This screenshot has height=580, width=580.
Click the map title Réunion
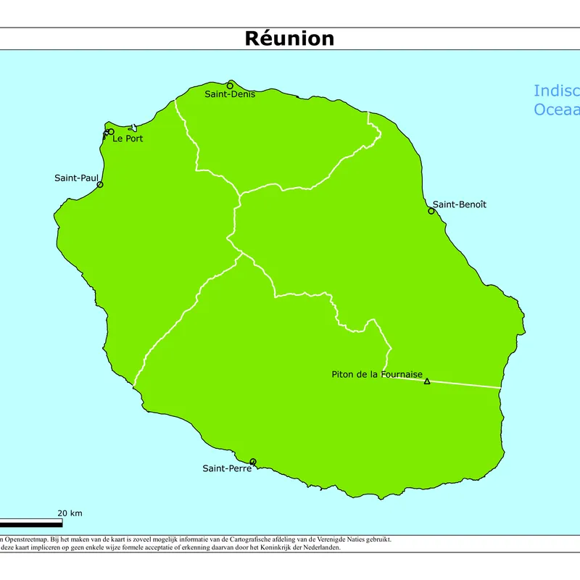click(x=289, y=38)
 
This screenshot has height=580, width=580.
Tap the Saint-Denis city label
click(x=230, y=94)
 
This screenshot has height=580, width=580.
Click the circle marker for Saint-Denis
click(x=231, y=85)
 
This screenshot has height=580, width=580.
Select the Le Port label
click(x=128, y=138)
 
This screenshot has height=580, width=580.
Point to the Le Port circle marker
click(x=110, y=132)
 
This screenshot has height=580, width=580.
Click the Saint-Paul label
click(x=76, y=178)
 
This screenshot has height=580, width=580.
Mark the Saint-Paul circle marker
click(x=100, y=185)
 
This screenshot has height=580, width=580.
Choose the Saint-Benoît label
click(x=460, y=204)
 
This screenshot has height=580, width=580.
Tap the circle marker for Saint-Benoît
click(x=431, y=211)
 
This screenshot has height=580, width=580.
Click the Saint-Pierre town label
click(x=227, y=468)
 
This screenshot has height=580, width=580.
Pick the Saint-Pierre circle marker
click(x=253, y=462)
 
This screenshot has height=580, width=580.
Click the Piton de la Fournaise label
click(x=377, y=374)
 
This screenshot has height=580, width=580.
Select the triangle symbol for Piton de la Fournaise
click(x=427, y=381)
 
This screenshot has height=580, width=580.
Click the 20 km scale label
click(x=70, y=513)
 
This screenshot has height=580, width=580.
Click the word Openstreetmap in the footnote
click(x=25, y=539)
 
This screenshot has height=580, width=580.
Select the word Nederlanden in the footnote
click(x=320, y=547)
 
